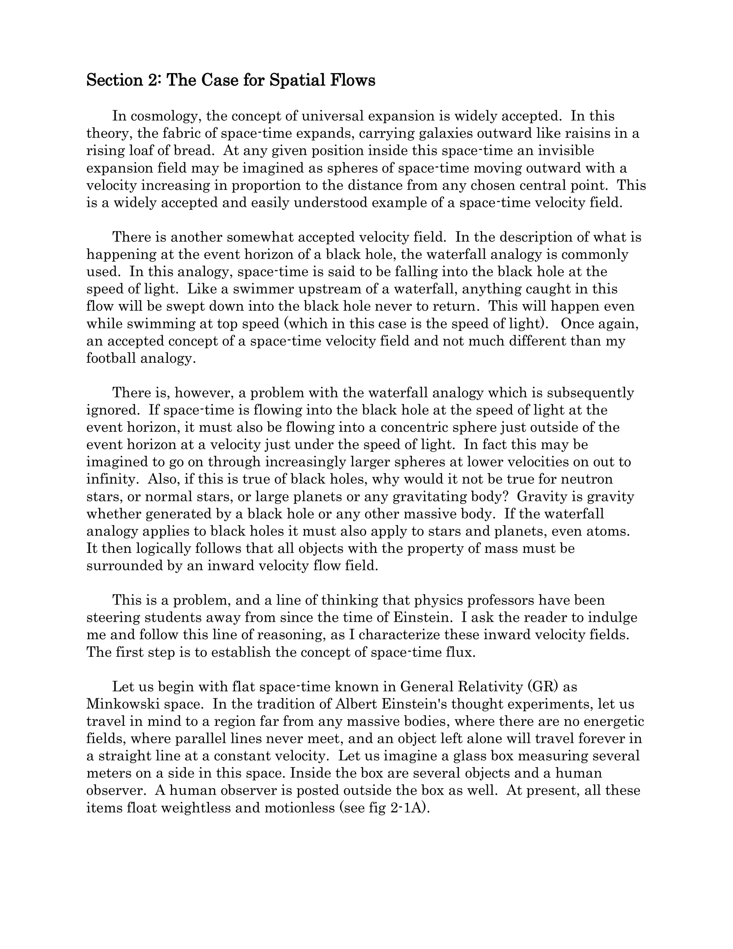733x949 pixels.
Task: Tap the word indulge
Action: click(x=613, y=617)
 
